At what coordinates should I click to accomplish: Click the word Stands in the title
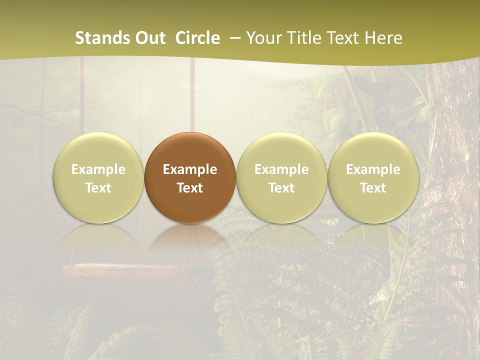point(102,38)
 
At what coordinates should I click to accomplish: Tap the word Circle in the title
point(197,38)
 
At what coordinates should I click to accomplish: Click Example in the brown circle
point(190,169)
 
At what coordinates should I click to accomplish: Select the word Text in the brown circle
point(190,188)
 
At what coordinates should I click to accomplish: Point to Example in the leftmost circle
point(98,169)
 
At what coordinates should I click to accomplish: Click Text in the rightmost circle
point(373,188)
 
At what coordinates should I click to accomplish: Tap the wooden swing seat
point(125,271)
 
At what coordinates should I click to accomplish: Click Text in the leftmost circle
point(98,188)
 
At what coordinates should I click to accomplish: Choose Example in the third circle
point(281,169)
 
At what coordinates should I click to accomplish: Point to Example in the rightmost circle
point(373,169)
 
